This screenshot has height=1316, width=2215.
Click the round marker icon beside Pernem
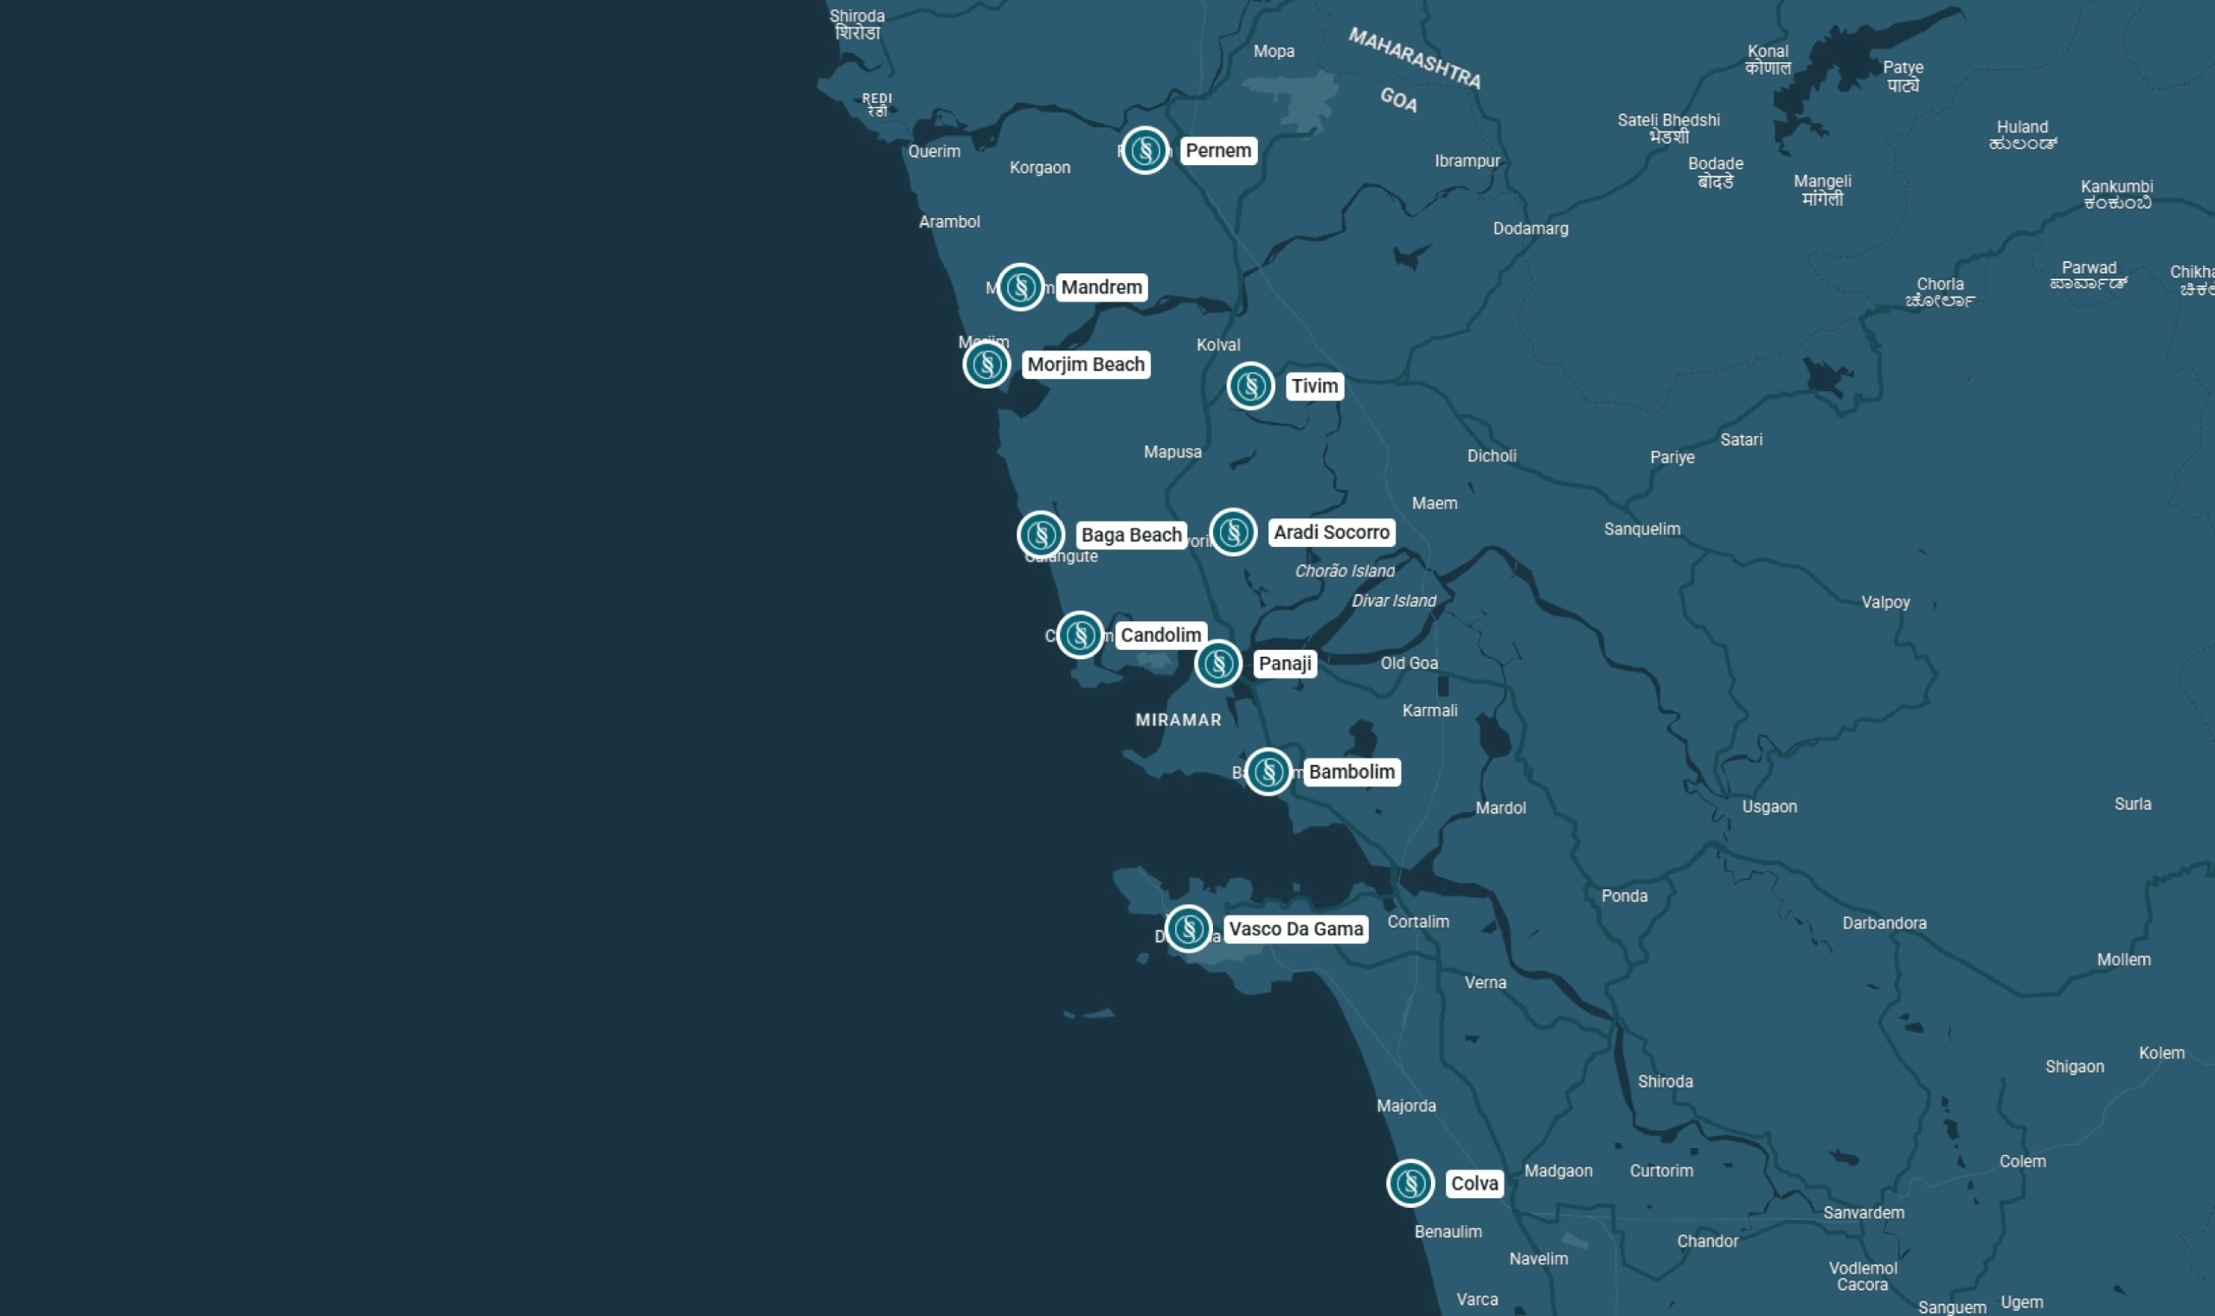coord(1144,151)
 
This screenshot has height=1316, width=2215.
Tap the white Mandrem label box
coord(1101,287)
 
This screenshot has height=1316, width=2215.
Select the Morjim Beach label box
coord(1085,364)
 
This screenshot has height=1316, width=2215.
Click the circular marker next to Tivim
coord(1250,386)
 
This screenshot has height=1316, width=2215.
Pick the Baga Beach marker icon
coord(1040,535)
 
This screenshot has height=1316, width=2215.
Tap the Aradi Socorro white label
coord(1331,532)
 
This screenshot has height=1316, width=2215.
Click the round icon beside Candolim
coord(1079,635)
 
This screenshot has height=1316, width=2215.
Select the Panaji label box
coord(1284,664)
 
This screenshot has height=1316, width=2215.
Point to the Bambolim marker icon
coord(1267,772)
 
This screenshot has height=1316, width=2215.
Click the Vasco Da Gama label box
coord(1295,928)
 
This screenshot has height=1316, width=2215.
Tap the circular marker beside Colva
coord(1409,1183)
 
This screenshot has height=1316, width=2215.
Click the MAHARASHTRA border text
coord(1415,59)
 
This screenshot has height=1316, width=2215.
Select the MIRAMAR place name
coord(1178,720)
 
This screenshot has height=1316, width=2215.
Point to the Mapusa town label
coord(1172,453)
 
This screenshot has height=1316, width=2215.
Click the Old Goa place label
coord(1409,664)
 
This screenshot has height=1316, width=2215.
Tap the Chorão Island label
coord(1345,571)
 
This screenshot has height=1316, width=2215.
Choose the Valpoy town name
coord(1885,602)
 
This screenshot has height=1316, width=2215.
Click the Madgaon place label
coord(1558,1171)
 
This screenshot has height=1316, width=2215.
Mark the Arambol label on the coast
coord(949,221)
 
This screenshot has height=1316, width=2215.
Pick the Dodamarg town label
coord(1531,228)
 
